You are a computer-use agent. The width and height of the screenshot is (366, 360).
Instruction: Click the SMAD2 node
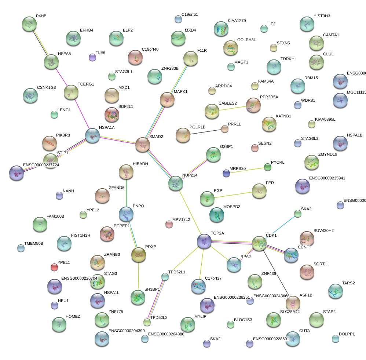[x=143, y=145]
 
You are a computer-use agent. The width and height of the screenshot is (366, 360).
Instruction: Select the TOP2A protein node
[x=204, y=241]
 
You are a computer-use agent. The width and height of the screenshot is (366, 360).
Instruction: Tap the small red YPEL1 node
[x=54, y=267]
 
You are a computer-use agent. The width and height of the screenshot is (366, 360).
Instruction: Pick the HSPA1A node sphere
[x=92, y=135]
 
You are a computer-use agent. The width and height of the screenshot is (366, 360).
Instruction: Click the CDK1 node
[x=259, y=243]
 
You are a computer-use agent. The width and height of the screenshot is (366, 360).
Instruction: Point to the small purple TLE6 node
[x=92, y=57]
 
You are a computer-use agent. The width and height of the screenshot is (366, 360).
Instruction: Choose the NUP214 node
[x=175, y=183]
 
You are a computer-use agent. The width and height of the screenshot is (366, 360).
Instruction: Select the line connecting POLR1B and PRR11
[x=204, y=132]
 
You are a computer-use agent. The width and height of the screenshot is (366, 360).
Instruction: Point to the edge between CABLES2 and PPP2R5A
[x=233, y=108]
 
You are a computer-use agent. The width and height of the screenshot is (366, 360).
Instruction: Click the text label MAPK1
[x=180, y=91]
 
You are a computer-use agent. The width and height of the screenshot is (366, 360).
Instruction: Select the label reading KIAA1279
[x=237, y=21]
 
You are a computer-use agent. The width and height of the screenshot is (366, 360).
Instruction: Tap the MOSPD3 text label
[x=232, y=207]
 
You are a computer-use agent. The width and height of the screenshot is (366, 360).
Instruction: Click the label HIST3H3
[x=322, y=16]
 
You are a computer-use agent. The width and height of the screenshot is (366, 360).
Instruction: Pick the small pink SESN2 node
[x=255, y=148]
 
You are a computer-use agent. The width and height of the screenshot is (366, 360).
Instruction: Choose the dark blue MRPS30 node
[x=226, y=173]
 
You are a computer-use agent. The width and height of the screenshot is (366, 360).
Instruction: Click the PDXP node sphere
[x=139, y=255]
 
